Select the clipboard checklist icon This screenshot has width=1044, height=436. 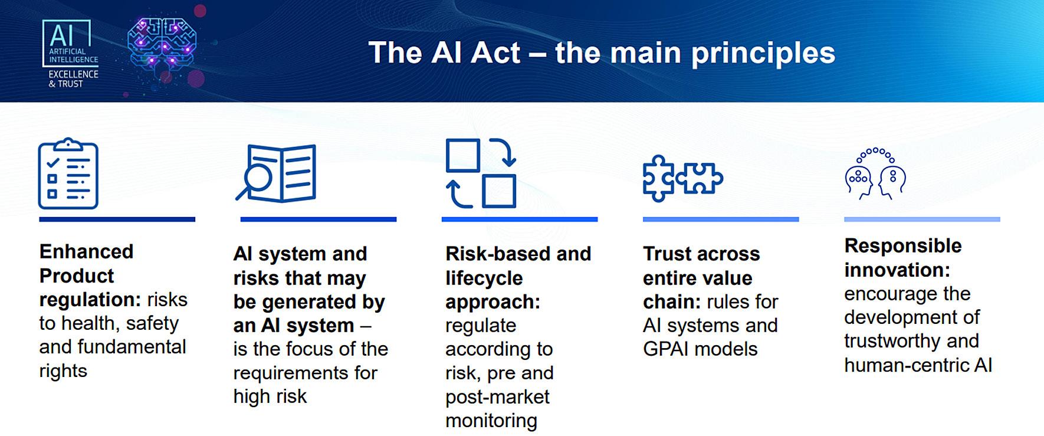click(x=68, y=174)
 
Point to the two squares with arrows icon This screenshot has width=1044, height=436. click(x=481, y=173)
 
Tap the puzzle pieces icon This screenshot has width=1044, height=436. click(x=682, y=178)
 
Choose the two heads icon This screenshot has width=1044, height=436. click(x=875, y=174)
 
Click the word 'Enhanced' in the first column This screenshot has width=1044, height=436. click(x=86, y=252)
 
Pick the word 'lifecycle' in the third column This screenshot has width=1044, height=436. click(x=484, y=278)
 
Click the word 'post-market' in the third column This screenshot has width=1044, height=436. click(x=497, y=397)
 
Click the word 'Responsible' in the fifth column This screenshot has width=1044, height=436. click(x=902, y=245)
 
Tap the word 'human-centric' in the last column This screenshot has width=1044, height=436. click(x=906, y=365)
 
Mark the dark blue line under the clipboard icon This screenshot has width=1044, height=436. click(x=117, y=219)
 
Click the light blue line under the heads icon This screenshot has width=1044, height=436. click(x=921, y=219)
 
